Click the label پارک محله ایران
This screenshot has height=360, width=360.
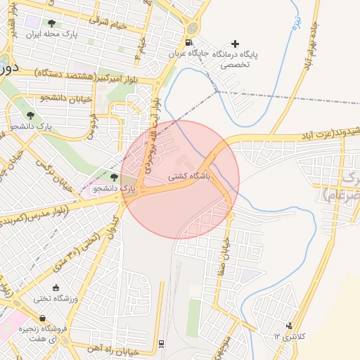click(51, 33)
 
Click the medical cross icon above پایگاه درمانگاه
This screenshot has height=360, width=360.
click(235, 44)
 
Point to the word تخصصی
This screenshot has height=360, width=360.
click(236, 64)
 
